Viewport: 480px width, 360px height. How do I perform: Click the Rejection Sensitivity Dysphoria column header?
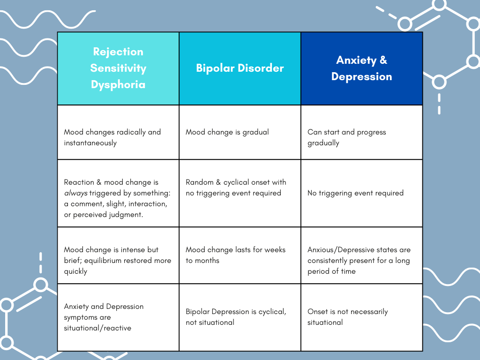click(118, 68)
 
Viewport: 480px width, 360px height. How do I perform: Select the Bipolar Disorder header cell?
click(240, 68)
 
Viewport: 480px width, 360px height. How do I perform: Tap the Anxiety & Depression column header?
click(362, 68)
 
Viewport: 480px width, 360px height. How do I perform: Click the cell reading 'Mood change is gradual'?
click(227, 132)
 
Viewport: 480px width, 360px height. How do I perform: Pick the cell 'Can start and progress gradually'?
click(347, 137)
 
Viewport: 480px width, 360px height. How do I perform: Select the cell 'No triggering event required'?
click(355, 193)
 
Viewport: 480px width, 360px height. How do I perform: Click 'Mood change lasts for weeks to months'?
click(235, 255)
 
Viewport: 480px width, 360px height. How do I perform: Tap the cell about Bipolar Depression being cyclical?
click(236, 317)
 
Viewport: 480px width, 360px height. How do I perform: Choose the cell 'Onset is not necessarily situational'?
click(348, 317)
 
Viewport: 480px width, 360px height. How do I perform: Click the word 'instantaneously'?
click(90, 143)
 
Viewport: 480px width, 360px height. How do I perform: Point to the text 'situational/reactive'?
click(97, 328)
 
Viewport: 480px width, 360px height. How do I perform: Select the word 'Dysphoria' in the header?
click(118, 85)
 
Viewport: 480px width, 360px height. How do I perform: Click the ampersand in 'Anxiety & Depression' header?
click(382, 60)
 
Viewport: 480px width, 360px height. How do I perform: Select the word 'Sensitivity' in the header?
click(118, 68)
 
